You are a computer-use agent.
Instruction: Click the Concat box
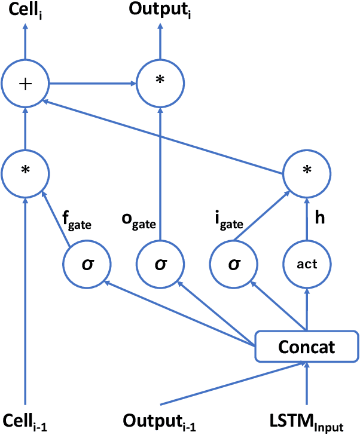(x=307, y=347)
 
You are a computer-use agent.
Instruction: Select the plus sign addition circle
(x=25, y=83)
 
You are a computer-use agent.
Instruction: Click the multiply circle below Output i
(x=160, y=83)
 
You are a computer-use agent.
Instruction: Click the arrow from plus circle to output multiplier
(x=92, y=83)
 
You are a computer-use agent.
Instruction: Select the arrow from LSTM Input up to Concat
(x=307, y=382)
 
